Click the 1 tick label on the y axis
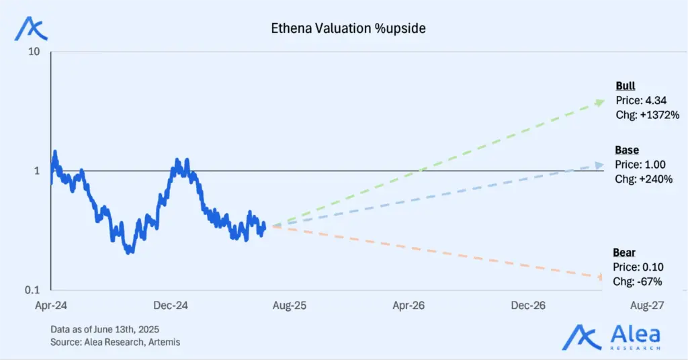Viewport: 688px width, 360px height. coord(38,171)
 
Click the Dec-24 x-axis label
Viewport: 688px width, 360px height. coord(171,306)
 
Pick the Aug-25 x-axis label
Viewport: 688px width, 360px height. coord(290,306)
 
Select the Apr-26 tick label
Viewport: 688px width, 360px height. coord(408,306)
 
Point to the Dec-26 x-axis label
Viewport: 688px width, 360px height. coord(528,306)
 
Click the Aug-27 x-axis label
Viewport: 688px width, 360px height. coord(647,306)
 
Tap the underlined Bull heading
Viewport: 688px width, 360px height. coord(626,86)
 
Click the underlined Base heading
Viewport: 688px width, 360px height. coord(627,150)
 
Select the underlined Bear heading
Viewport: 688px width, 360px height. coord(624,253)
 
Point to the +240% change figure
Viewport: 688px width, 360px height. coord(655,179)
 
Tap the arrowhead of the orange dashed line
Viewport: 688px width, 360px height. coord(599,277)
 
